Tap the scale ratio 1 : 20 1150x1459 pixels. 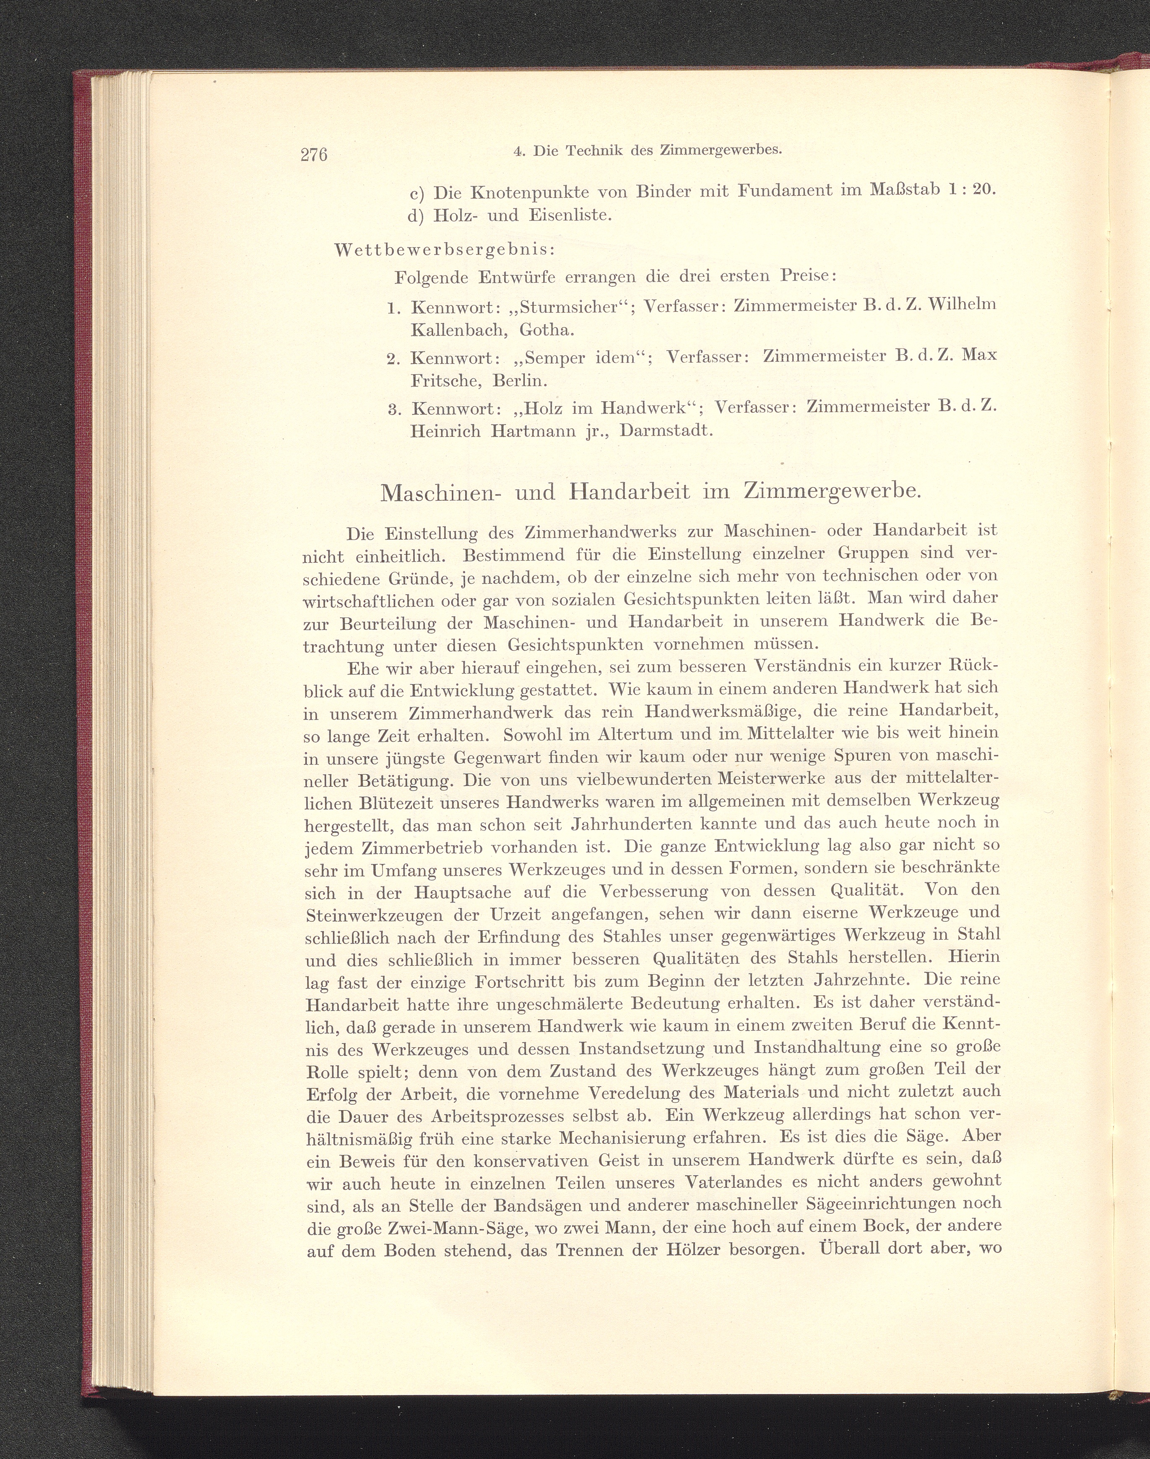point(970,190)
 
